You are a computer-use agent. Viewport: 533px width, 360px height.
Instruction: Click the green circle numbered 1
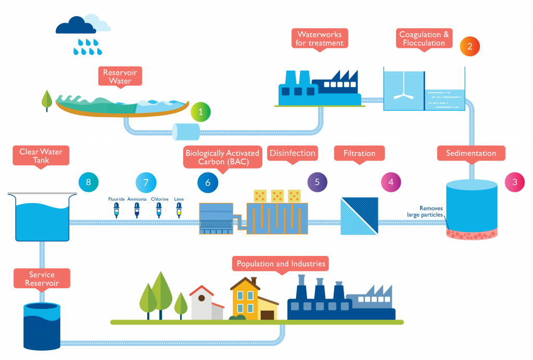click(201, 111)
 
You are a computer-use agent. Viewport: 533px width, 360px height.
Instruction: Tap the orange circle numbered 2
click(469, 46)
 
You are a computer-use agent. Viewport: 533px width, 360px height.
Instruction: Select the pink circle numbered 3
click(515, 182)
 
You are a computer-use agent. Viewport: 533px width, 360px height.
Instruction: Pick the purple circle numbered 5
click(317, 182)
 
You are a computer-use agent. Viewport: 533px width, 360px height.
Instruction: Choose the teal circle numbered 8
click(88, 182)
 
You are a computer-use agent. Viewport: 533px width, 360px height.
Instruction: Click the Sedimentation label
click(471, 153)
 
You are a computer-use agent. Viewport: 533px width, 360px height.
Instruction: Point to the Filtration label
click(359, 153)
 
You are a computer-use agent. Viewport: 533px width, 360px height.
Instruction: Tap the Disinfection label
click(292, 153)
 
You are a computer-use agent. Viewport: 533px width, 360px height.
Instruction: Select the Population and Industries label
click(281, 264)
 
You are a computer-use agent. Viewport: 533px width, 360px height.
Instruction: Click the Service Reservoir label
click(42, 279)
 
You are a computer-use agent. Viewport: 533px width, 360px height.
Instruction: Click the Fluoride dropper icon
click(116, 210)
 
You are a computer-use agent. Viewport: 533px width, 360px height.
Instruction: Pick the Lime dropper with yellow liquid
click(179, 210)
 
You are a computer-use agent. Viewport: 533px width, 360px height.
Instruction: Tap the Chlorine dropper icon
click(159, 210)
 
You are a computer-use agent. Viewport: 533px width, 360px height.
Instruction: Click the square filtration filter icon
click(359, 215)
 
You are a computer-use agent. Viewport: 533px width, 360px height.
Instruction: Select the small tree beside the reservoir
click(47, 100)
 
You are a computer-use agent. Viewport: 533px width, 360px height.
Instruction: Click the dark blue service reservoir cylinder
click(42, 325)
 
